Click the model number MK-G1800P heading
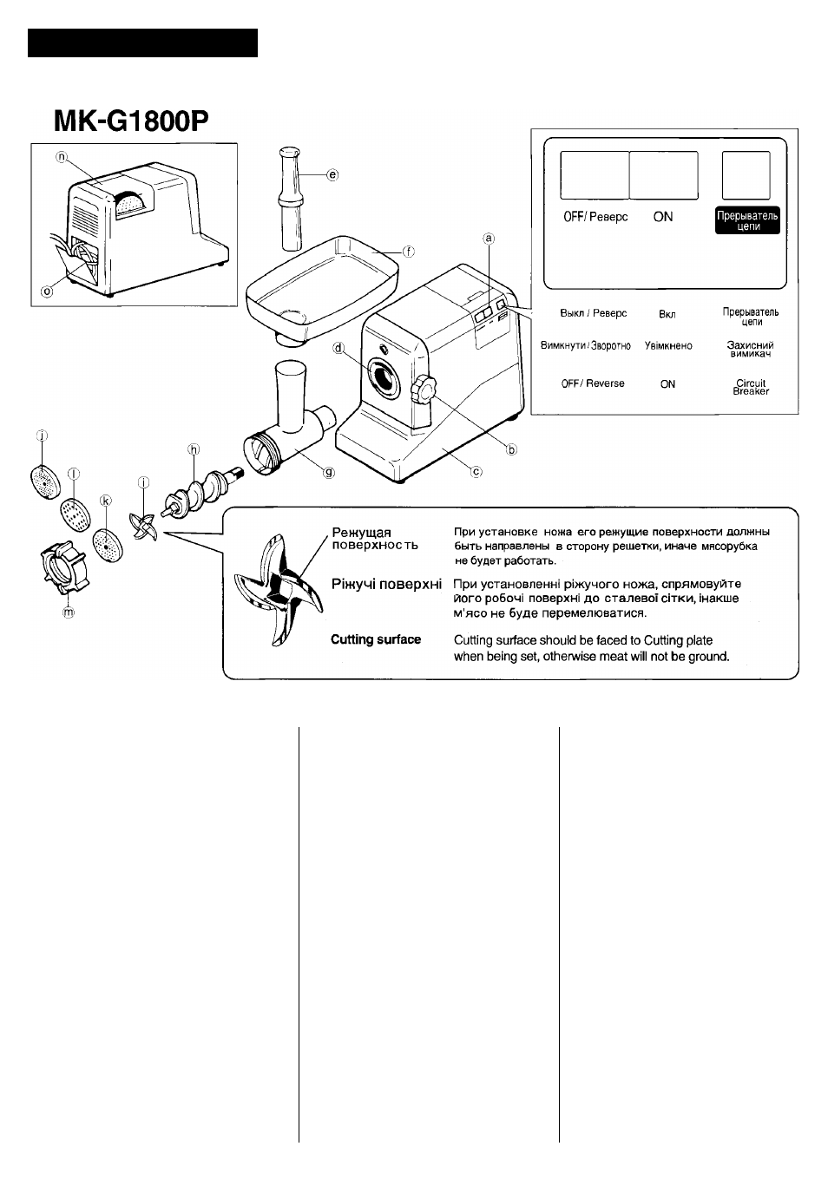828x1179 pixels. (131, 121)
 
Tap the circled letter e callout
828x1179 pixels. (332, 174)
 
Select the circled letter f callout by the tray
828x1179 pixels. (408, 252)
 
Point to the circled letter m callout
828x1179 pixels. (69, 612)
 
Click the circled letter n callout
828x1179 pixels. (62, 157)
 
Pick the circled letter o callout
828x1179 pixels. (47, 291)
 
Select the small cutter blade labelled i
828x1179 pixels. (143, 527)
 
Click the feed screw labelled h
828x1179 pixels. (201, 490)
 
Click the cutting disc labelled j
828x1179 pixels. (45, 481)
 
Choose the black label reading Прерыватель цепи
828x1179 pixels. (747, 220)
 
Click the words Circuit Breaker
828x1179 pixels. (751, 387)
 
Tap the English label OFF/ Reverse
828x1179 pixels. (593, 383)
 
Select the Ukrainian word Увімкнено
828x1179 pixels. (668, 346)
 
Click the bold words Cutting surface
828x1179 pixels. (376, 639)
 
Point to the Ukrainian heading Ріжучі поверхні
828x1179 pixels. (386, 584)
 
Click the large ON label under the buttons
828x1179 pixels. (663, 217)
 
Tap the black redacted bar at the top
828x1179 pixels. (142, 43)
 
